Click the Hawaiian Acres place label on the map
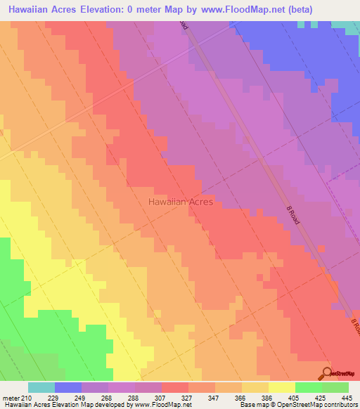[x=180, y=202]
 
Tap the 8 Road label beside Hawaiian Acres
[x=292, y=214]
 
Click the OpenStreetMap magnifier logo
[x=326, y=373]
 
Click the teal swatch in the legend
[x=41, y=387]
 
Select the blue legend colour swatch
[x=68, y=387]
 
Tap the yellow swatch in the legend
[x=282, y=387]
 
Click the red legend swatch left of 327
[x=175, y=387]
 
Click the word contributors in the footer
[x=340, y=405]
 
